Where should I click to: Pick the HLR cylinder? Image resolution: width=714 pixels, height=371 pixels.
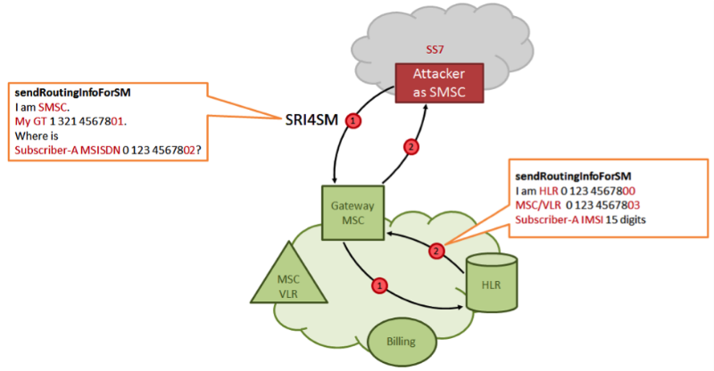[x=493, y=284]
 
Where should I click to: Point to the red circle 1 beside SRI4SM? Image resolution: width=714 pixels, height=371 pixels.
[x=354, y=120]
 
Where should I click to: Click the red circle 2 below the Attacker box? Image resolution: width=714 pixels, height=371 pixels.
[x=411, y=147]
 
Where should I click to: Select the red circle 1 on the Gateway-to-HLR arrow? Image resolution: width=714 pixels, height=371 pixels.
[x=379, y=285]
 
